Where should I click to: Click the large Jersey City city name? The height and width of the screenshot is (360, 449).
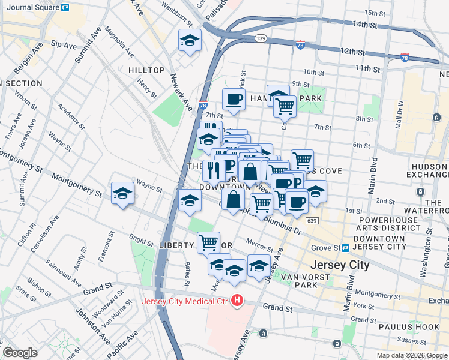(x=339, y=265)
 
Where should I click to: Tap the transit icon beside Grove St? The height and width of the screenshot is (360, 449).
(x=346, y=248)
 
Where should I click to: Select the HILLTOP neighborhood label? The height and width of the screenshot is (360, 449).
(x=146, y=70)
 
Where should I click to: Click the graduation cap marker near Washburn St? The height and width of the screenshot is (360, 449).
(x=190, y=40)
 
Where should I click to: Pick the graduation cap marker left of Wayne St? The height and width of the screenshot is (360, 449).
(x=122, y=193)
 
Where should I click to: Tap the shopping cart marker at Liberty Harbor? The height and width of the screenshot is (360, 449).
(x=208, y=242)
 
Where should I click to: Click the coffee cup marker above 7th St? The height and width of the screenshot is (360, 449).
(x=234, y=98)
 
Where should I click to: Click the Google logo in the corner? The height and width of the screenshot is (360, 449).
(x=20, y=353)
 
